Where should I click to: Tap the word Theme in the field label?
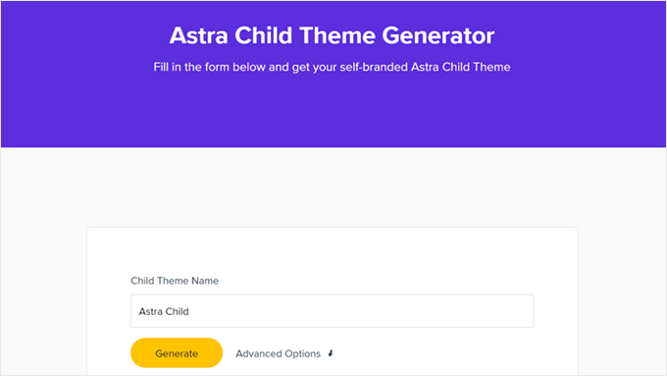[174, 281]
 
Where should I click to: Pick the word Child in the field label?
[143, 281]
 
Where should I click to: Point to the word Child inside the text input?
[178, 311]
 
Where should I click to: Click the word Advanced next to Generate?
[259, 353]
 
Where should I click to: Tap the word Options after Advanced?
[302, 353]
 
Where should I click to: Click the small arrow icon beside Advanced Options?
[331, 353]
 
